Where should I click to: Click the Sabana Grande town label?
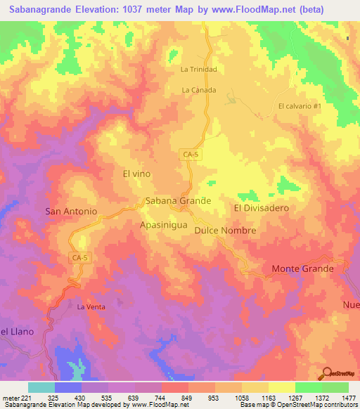[178, 201]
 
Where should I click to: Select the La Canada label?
[198, 90]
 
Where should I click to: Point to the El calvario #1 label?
[300, 106]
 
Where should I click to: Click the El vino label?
[136, 173]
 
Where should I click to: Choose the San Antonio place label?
[70, 211]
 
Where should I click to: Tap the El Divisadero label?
[261, 209]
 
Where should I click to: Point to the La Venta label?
[91, 307]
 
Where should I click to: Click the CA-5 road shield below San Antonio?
[80, 258]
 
